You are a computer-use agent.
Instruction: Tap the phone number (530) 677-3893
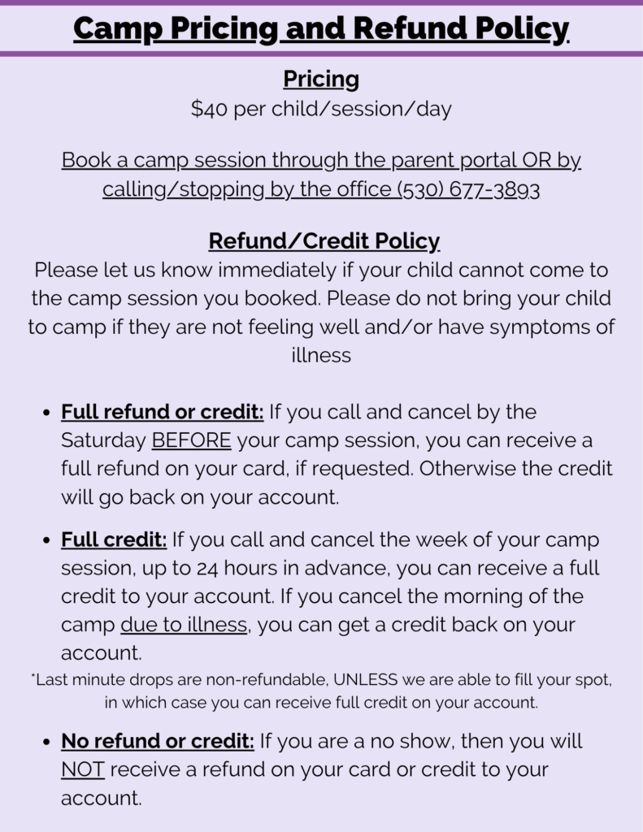pos(468,189)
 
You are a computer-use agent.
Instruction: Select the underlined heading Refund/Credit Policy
pos(324,241)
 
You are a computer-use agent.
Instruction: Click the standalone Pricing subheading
pos(321,79)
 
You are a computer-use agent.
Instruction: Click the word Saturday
pos(102,440)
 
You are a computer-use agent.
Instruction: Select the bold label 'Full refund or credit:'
pos(162,412)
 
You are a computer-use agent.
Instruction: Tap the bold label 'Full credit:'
pos(114,539)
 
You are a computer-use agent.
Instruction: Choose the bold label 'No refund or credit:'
pos(158,741)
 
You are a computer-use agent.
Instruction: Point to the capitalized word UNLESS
pos(361,680)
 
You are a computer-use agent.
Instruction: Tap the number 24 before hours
pos(184,568)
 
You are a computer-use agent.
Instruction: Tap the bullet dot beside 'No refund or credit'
pos(46,742)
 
